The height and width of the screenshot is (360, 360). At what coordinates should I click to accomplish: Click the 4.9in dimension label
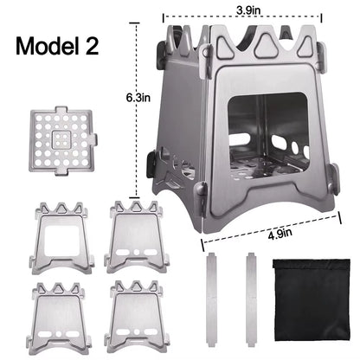(x=279, y=232)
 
